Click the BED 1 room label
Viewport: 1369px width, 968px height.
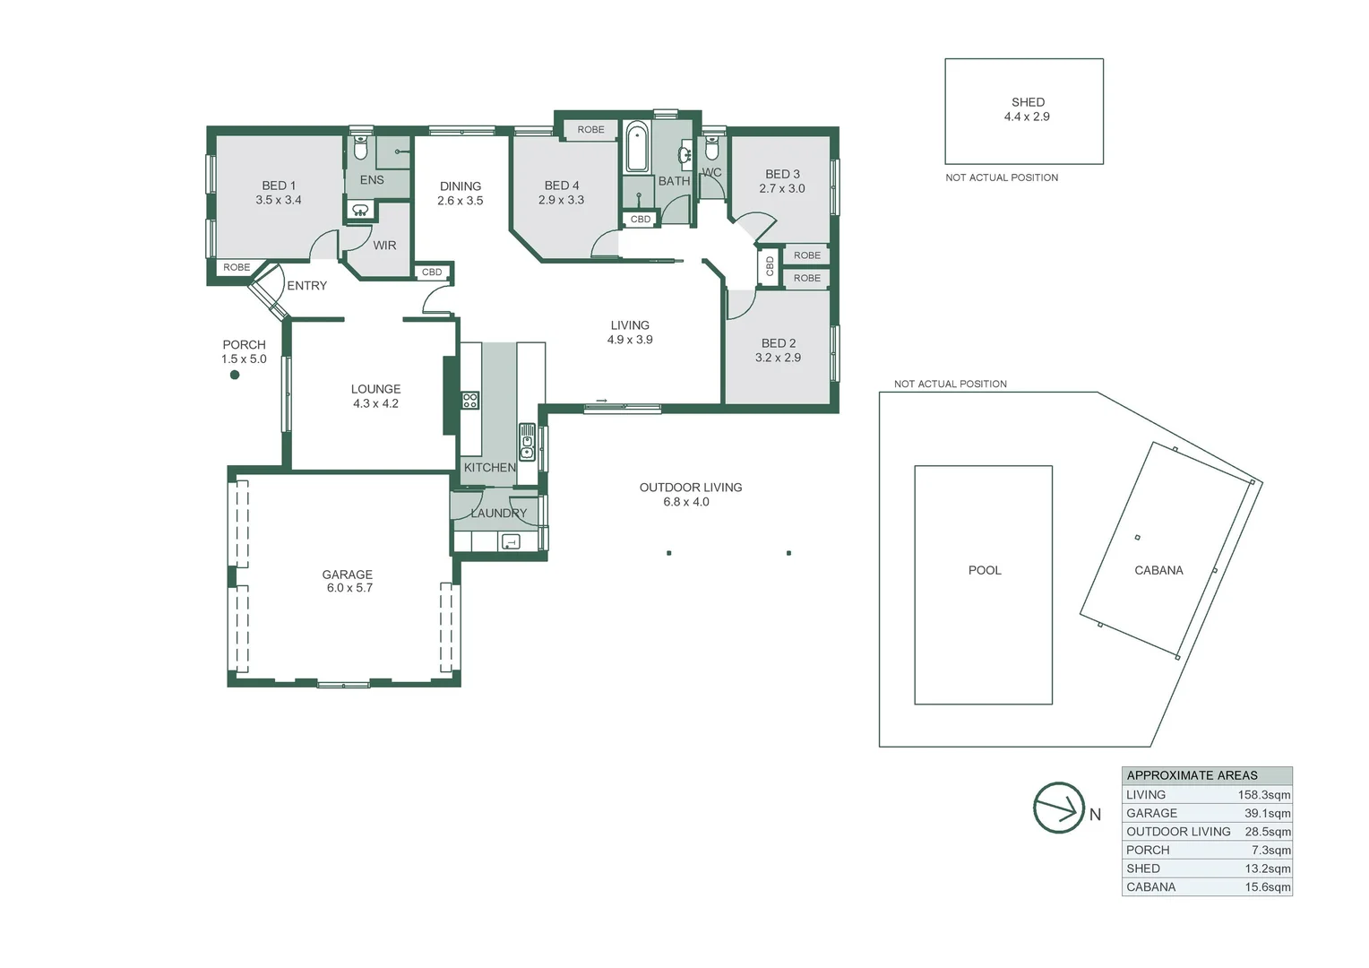[x=279, y=186]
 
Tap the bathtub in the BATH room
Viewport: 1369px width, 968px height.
[x=637, y=149]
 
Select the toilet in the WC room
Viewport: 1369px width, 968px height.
[x=711, y=148]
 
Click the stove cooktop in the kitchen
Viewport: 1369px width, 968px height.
[x=470, y=401]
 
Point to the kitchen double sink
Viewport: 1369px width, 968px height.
[x=528, y=442]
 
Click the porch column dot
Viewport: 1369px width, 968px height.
[x=235, y=375]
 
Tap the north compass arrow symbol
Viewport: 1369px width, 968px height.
[x=1059, y=808]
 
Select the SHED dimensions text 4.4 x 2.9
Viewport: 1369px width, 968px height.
[x=1027, y=117]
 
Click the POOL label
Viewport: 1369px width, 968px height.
[x=985, y=570]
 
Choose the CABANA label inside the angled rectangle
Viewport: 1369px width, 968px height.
[x=1158, y=570]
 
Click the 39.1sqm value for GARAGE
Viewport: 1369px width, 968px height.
[x=1267, y=813]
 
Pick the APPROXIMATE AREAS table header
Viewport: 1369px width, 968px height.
[x=1192, y=775]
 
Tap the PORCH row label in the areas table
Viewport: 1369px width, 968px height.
[x=1148, y=850]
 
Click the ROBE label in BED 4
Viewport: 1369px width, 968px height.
[x=590, y=130]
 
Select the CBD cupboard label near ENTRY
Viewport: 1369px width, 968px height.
[x=432, y=272]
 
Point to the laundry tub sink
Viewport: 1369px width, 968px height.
[x=510, y=541]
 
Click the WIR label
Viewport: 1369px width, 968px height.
[x=384, y=246]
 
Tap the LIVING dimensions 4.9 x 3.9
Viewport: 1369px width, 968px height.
[x=630, y=340]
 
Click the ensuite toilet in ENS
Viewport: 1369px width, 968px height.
[x=360, y=148]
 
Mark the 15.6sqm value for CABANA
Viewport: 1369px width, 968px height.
[x=1267, y=887]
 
